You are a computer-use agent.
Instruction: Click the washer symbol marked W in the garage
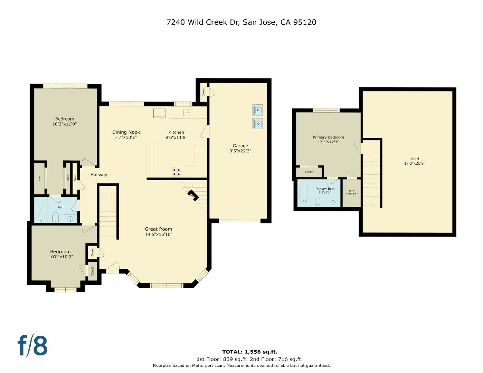[x=257, y=110]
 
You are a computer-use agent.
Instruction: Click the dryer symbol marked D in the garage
[x=257, y=123]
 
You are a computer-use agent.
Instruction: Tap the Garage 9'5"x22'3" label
[x=240, y=148]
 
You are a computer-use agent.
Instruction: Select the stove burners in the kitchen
[x=177, y=172]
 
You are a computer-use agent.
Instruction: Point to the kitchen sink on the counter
[x=189, y=112]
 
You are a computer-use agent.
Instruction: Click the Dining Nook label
[x=126, y=132]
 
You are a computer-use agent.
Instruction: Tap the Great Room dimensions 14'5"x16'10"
[x=158, y=235]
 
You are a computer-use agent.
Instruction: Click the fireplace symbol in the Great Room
[x=193, y=195]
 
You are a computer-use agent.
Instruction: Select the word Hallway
[x=99, y=175]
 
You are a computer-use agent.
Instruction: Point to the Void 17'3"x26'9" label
[x=415, y=161]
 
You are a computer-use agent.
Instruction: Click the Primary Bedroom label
[x=328, y=137]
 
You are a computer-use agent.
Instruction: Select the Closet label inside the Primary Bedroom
[x=309, y=172]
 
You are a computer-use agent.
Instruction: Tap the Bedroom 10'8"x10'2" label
[x=60, y=254]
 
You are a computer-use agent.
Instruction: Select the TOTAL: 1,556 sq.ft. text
[x=249, y=352]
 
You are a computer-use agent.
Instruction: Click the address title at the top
[x=241, y=22]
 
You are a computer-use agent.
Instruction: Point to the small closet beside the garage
[x=203, y=92]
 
